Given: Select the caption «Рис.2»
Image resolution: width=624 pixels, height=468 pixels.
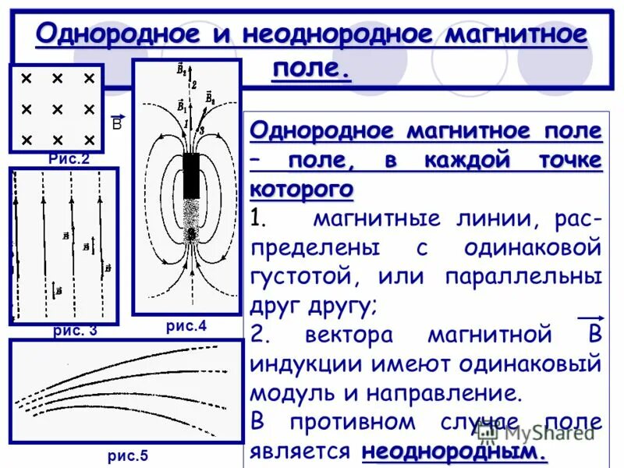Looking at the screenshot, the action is [69, 159].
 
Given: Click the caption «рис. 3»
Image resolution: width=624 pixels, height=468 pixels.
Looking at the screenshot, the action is [75, 330].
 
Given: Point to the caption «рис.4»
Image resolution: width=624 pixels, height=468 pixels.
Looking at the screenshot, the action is [186, 326].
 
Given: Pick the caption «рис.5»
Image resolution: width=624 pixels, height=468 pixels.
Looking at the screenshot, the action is [126, 456].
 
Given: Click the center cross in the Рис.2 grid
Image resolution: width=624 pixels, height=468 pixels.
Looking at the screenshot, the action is [57, 109].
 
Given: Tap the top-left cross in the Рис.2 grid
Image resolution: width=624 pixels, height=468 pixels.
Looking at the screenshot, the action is [26, 79].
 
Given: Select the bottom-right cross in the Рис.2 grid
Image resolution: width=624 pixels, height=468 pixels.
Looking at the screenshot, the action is [89, 140].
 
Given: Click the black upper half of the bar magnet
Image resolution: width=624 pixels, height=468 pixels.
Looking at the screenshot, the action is [192, 176].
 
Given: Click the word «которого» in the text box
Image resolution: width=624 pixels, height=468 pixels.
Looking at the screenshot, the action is [302, 190].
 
